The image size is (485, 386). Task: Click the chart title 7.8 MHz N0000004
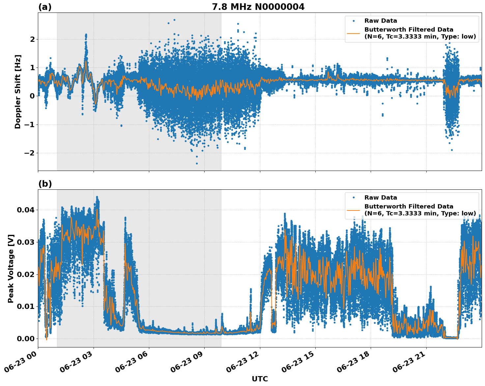coord(258,7)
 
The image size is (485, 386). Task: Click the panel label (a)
coord(45,7)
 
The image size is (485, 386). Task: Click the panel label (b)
coord(45,184)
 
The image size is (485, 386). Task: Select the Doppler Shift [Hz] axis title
coord(18,92)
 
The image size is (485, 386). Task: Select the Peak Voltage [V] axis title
coord(11,268)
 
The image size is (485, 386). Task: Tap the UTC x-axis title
coord(260,379)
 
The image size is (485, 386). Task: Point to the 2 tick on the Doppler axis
coord(32,39)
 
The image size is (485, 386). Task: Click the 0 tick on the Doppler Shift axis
coord(32,96)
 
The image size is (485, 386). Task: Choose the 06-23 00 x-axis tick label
coord(21,362)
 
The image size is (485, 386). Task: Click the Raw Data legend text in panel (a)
coord(381,21)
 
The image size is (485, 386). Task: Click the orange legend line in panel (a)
coord(354,33)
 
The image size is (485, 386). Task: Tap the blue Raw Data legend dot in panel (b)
coord(354,198)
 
